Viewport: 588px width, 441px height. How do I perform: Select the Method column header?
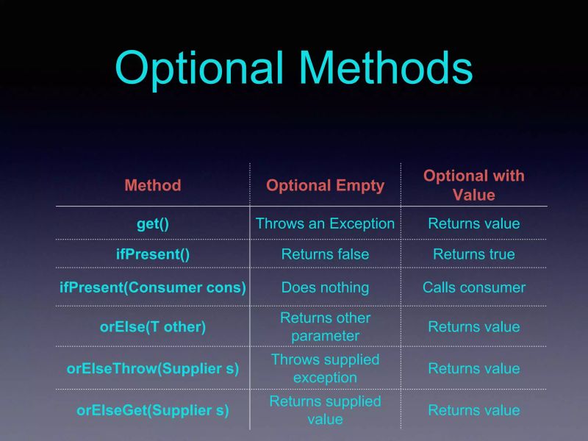[153, 185]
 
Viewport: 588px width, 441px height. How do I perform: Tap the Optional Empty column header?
[325, 185]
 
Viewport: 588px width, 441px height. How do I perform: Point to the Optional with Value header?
[473, 185]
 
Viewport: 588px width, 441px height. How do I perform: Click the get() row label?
[153, 223]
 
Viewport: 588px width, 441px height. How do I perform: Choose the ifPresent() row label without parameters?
[153, 254]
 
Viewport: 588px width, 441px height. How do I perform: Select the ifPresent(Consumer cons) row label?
[153, 287]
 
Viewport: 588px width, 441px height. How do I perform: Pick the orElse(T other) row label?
[153, 327]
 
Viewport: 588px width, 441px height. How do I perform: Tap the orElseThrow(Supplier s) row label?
[153, 368]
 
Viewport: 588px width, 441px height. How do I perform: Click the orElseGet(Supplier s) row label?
[153, 410]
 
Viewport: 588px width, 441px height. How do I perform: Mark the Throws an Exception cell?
[325, 223]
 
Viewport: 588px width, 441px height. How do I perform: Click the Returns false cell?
[325, 254]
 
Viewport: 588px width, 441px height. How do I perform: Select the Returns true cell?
[473, 254]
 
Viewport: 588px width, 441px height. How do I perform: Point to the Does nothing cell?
[325, 287]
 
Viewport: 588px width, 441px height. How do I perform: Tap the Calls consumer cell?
[473, 287]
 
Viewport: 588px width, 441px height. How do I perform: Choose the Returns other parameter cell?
[325, 327]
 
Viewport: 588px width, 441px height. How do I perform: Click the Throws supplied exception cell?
[325, 368]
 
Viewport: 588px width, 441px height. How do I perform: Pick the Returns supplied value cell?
[325, 410]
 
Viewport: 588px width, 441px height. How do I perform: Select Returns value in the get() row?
[473, 223]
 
